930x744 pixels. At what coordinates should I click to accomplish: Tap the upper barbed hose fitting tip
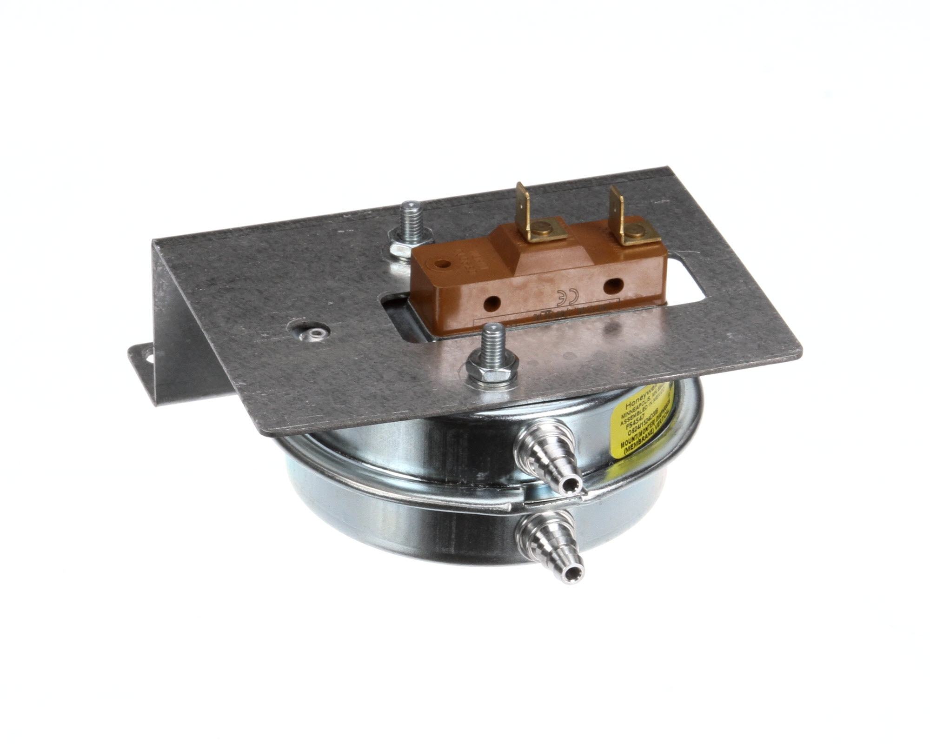coord(571,486)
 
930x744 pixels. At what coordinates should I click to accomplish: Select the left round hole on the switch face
coord(490,305)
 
